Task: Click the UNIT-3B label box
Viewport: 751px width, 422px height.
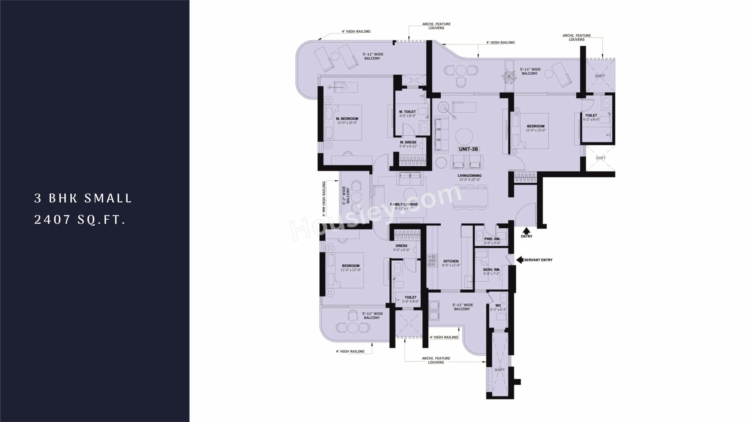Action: (x=468, y=149)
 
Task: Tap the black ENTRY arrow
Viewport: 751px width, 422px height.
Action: (x=526, y=231)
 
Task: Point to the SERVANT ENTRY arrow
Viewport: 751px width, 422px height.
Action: (x=519, y=260)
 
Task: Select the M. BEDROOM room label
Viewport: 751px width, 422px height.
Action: (x=347, y=119)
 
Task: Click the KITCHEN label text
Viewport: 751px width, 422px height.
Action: (x=451, y=261)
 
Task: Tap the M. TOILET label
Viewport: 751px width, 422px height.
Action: (x=408, y=112)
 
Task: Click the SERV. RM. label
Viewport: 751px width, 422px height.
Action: (x=491, y=270)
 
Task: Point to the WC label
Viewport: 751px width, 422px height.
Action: (x=498, y=306)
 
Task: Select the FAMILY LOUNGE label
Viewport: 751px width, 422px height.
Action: (x=404, y=204)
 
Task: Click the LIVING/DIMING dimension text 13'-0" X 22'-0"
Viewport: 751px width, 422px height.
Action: (x=469, y=180)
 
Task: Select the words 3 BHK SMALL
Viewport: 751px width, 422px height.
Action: (x=83, y=198)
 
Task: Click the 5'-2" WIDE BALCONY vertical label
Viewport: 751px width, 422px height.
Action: (x=346, y=195)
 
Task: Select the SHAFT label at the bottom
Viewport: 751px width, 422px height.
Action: (x=499, y=370)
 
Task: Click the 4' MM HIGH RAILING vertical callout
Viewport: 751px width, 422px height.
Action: (x=324, y=199)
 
